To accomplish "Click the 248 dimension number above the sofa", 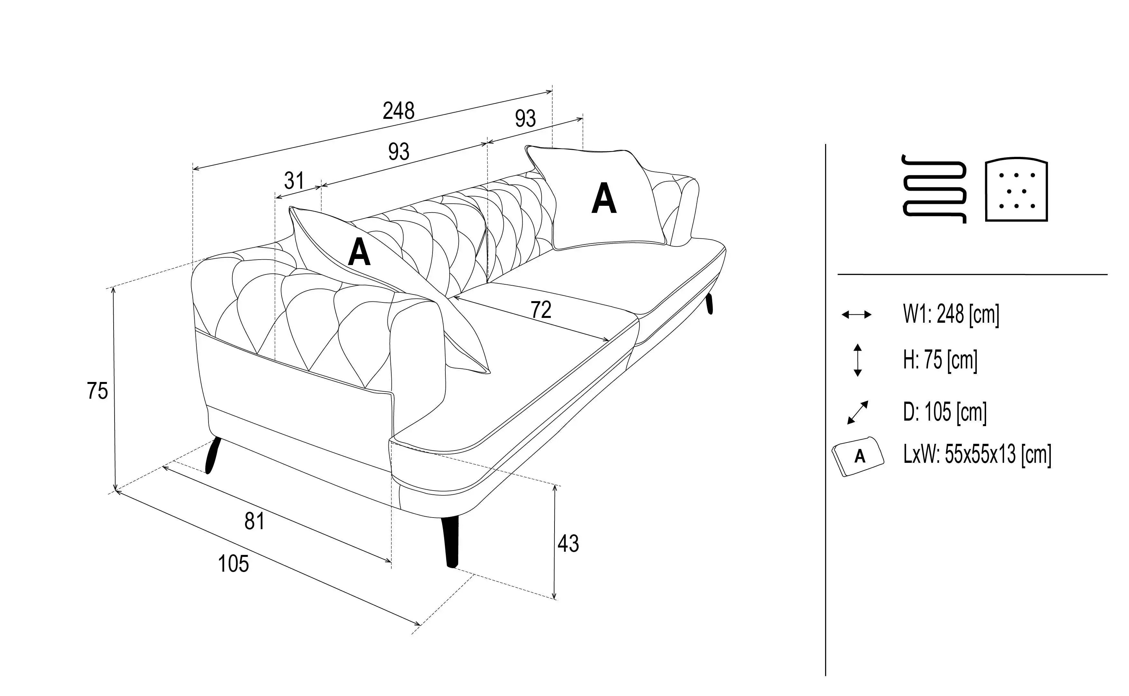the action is [x=399, y=111].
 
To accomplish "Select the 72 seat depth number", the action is [x=541, y=310].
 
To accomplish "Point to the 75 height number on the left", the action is [x=98, y=391].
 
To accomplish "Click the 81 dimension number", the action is [x=254, y=521].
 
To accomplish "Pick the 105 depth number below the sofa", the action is [x=233, y=563].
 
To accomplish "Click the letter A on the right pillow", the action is [x=603, y=198].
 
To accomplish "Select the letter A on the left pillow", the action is [x=359, y=252].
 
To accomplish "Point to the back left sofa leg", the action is [x=212, y=455].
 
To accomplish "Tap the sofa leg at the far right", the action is [x=709, y=303].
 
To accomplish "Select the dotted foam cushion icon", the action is [x=1016, y=191].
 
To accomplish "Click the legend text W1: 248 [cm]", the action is [x=951, y=315].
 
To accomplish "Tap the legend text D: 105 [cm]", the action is [x=945, y=412].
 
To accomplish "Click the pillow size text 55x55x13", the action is [x=980, y=454].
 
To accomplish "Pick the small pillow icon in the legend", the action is [x=858, y=456].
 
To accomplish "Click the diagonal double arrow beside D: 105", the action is [x=858, y=412].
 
